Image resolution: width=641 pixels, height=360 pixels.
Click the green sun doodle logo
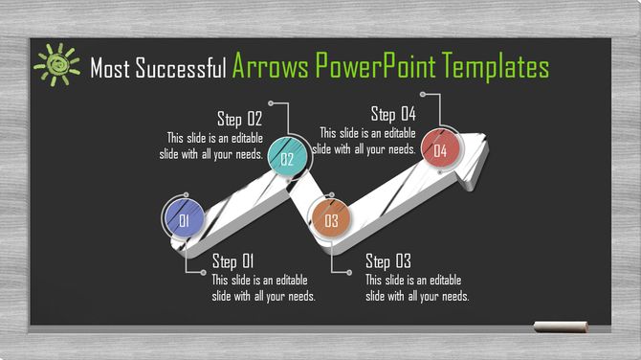[x=56, y=64]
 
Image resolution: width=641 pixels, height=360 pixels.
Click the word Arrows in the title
[x=270, y=66]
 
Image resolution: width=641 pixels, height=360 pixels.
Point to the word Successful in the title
[x=182, y=68]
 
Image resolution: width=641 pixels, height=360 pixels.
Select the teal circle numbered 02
[x=287, y=159]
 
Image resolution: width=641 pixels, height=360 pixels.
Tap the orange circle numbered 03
[x=332, y=221]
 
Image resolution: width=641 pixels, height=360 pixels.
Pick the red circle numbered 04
[x=440, y=148]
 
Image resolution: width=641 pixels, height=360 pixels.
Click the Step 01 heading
[x=234, y=261]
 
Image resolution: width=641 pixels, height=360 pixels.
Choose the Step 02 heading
[x=239, y=119]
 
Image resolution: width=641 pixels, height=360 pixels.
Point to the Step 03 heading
[x=388, y=261]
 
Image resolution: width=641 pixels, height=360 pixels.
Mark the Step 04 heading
[x=392, y=115]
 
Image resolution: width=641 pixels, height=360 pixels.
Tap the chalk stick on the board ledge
[x=561, y=327]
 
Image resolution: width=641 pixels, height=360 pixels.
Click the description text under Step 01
[x=263, y=288]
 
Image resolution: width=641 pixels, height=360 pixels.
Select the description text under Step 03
[x=417, y=288]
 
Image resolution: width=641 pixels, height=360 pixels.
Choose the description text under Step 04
[x=365, y=141]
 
